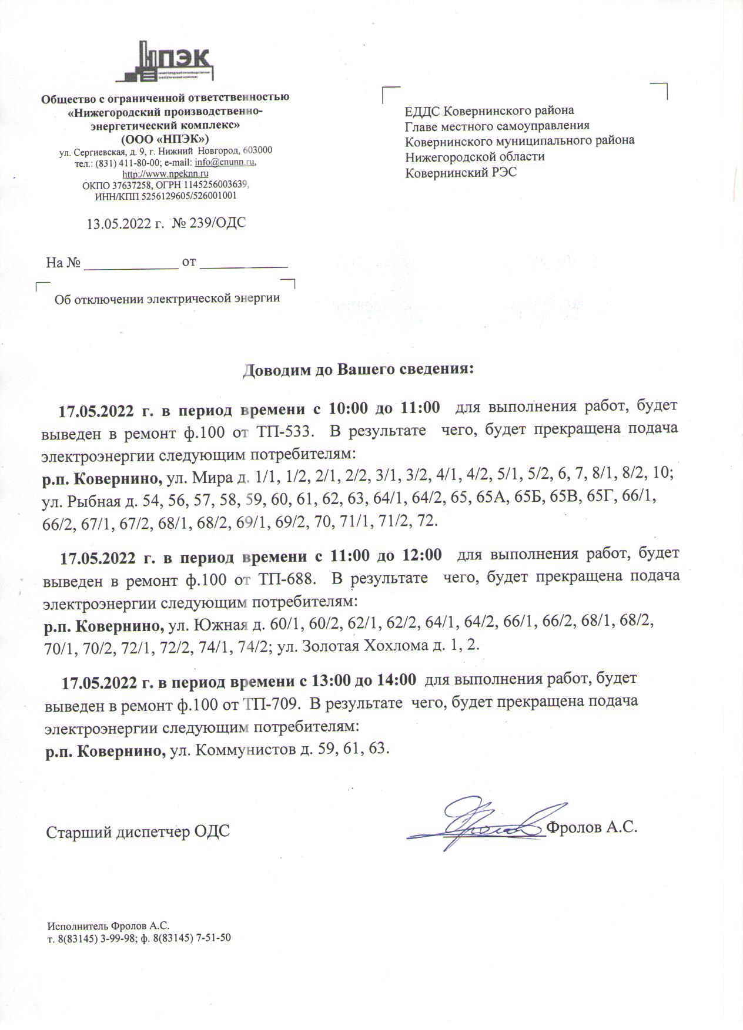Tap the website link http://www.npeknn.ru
(165, 174)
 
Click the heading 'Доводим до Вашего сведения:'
(359, 370)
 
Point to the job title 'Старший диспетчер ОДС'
(138, 833)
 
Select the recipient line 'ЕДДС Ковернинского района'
(490, 110)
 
